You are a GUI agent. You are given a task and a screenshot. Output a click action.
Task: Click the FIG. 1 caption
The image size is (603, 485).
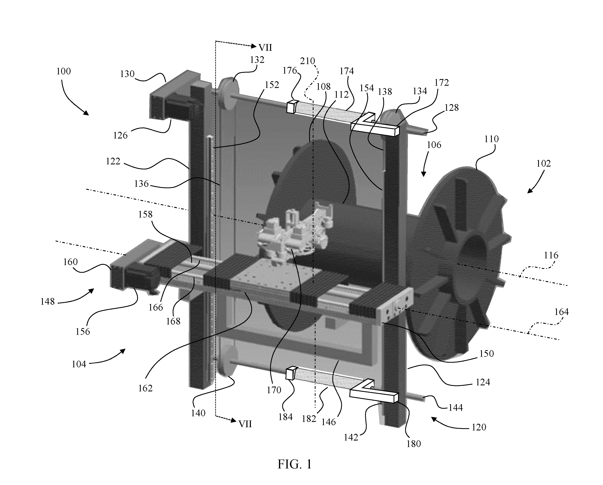294,464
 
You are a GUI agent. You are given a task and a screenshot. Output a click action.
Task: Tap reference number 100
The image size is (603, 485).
63,71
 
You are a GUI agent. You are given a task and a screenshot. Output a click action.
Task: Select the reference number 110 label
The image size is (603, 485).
491,139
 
